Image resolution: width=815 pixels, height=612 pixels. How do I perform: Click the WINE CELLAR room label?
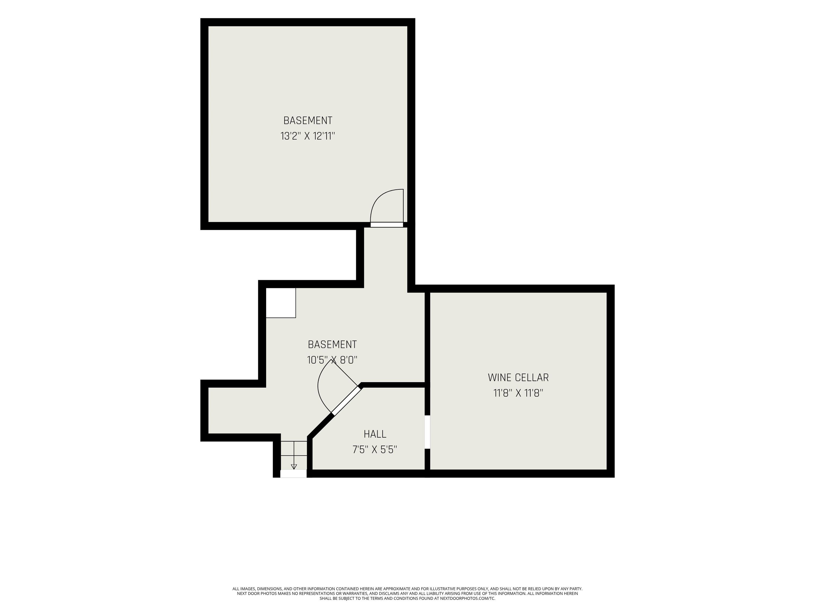pos(518,378)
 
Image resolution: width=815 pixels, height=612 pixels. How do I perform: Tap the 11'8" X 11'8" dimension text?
pos(518,393)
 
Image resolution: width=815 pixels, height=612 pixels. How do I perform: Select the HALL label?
pos(375,434)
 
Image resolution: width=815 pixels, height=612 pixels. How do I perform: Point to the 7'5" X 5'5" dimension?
pos(375,450)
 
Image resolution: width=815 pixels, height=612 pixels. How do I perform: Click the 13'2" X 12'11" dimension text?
pos(308,136)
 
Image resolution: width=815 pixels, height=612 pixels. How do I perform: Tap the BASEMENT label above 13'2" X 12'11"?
pos(308,121)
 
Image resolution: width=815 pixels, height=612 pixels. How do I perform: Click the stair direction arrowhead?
pos(294,467)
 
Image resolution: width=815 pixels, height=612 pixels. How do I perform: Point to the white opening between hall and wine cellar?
pos(427,432)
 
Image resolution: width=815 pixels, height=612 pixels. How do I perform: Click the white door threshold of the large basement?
pos(387,225)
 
